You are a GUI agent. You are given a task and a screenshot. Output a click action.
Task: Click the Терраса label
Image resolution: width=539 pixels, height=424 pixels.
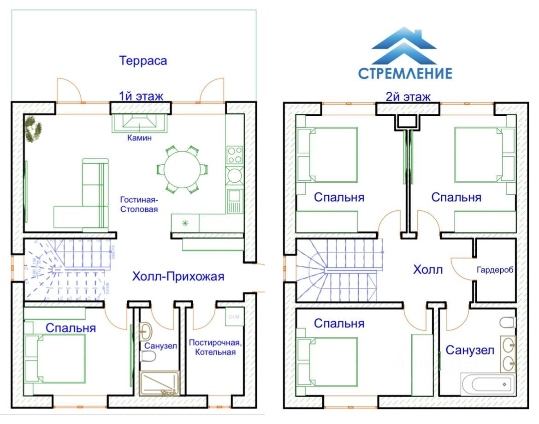(142, 60)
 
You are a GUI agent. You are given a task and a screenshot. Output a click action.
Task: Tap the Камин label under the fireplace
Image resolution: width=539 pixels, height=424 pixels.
(139, 137)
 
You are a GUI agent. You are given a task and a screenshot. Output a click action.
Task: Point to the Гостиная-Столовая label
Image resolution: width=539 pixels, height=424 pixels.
(139, 204)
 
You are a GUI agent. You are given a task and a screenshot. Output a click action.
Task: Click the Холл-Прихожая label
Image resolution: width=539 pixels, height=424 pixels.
(178, 277)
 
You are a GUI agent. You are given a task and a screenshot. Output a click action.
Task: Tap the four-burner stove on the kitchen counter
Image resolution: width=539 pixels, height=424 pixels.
(234, 155)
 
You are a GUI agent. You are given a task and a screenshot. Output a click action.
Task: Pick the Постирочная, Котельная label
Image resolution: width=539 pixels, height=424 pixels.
(215, 347)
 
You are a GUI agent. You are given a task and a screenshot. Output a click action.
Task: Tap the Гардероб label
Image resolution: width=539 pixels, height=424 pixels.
(495, 269)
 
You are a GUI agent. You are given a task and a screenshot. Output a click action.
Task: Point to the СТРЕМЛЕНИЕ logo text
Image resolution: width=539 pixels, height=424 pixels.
(405, 73)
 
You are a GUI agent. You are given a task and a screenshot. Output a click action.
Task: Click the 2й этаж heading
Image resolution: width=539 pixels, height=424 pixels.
(408, 97)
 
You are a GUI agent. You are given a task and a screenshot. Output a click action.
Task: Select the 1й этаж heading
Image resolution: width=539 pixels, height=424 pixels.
(141, 96)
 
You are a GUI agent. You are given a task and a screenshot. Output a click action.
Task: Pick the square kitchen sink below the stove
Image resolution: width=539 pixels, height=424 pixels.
(234, 196)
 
